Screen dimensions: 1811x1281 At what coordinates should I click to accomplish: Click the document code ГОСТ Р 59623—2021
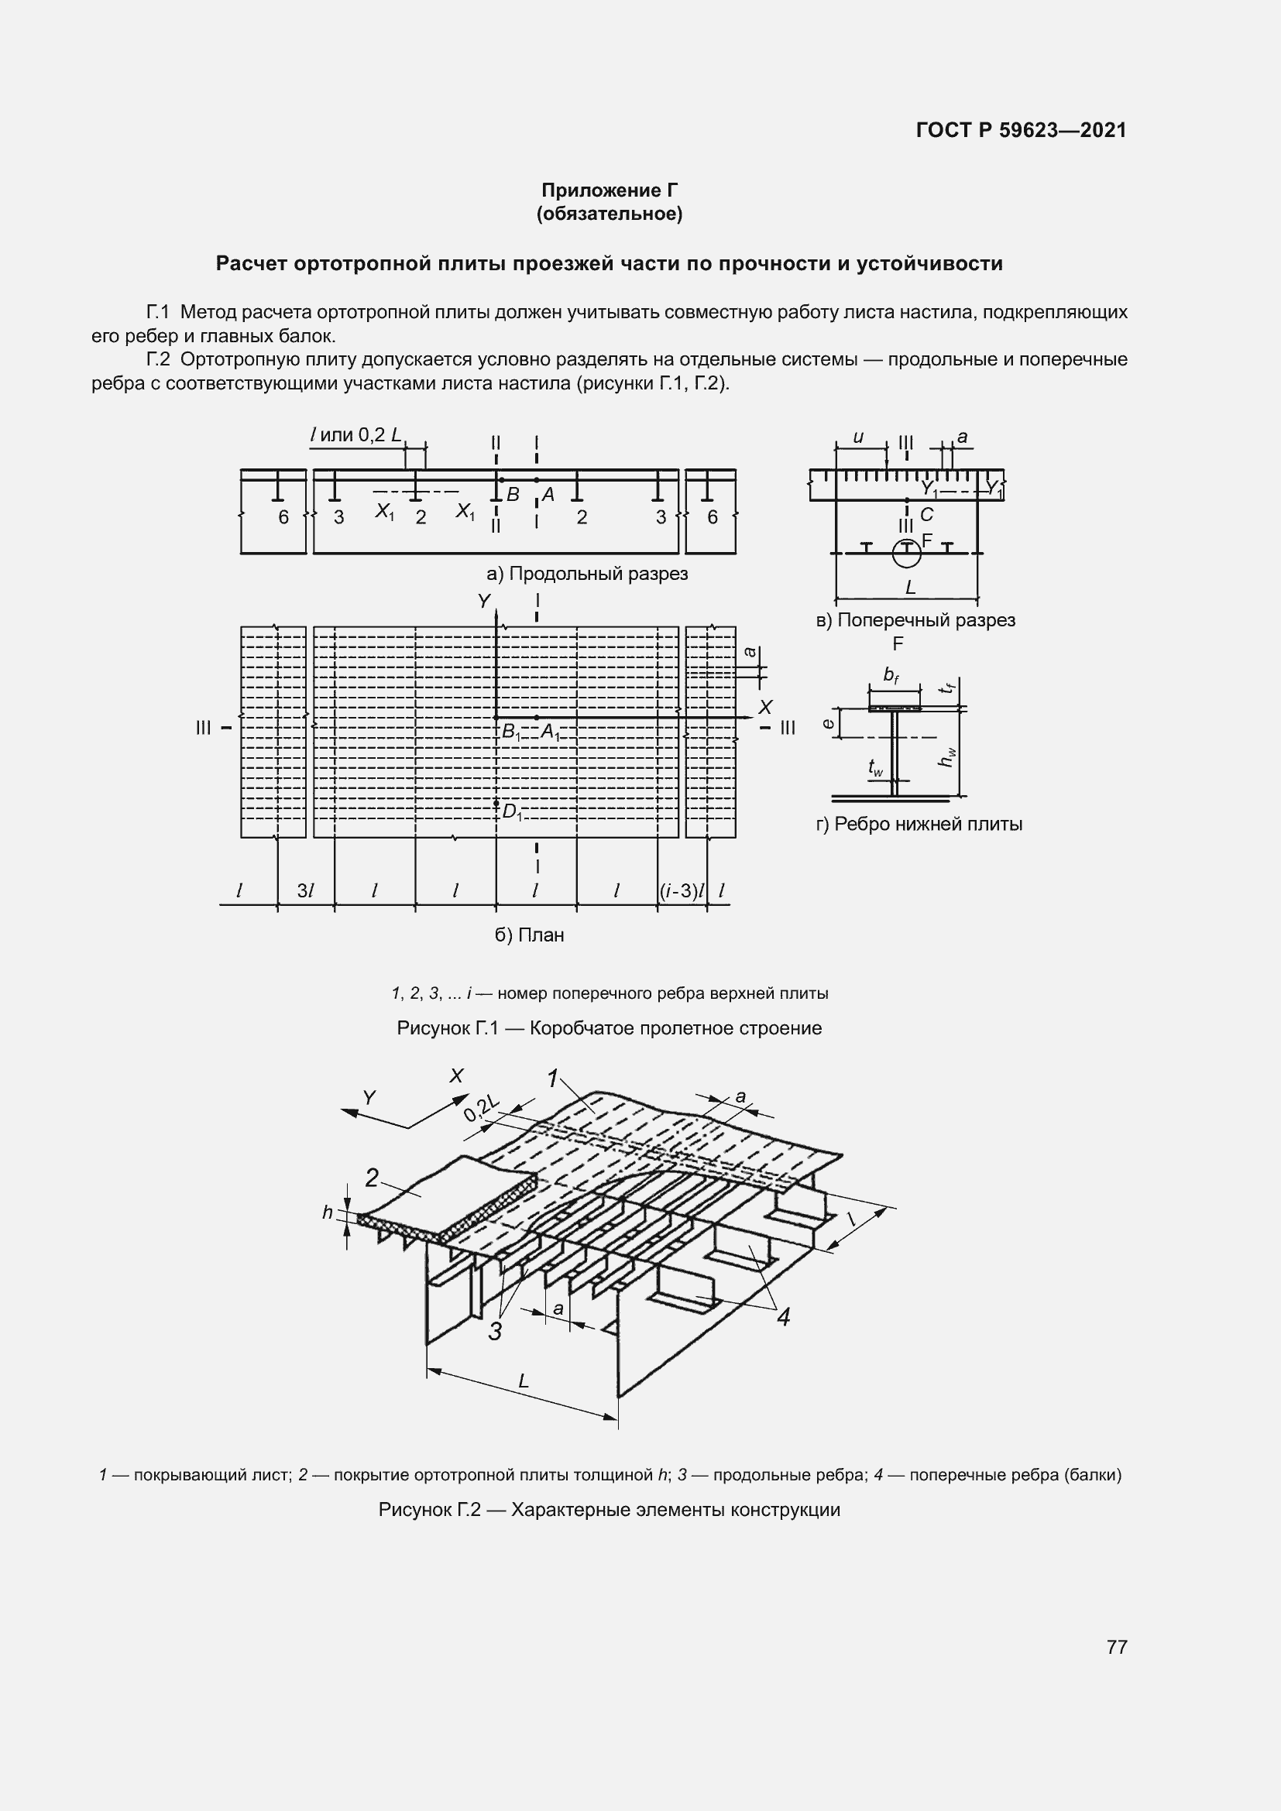tap(1021, 130)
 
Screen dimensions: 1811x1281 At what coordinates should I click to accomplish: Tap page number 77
tap(1116, 1646)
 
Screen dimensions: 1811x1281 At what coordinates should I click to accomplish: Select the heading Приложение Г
tap(609, 190)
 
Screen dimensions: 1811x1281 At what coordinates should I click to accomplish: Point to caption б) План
tap(529, 935)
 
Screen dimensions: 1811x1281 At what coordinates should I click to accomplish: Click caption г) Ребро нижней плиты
tap(919, 825)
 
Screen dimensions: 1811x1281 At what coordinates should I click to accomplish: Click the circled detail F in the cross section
tap(906, 553)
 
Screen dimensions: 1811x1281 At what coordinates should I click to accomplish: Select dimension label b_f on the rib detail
tap(891, 675)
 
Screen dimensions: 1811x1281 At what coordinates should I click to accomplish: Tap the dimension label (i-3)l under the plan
tap(682, 891)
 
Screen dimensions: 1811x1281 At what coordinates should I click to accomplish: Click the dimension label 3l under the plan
tap(305, 891)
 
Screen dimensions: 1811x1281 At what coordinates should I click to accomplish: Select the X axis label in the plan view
tap(764, 707)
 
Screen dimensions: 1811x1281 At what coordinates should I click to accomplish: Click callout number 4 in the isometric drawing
tap(782, 1316)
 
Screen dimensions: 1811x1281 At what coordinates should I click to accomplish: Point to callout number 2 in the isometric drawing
tap(373, 1178)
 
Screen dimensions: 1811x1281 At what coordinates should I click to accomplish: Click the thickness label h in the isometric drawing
tap(328, 1212)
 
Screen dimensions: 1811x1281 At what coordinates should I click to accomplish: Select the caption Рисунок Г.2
tap(609, 1510)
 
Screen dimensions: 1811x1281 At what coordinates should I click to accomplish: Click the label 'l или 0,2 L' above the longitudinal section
tap(355, 434)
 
